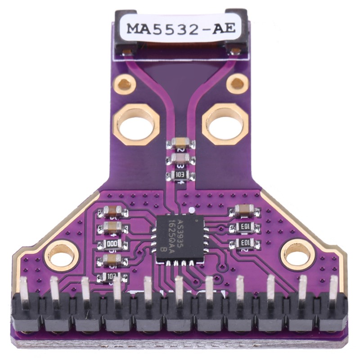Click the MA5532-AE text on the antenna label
(x=180, y=28)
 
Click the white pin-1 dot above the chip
(x=192, y=210)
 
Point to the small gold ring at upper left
(x=125, y=84)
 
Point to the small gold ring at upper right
(x=237, y=83)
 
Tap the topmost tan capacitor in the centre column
(x=180, y=144)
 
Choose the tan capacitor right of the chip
(x=244, y=210)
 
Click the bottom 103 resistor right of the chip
(x=244, y=244)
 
